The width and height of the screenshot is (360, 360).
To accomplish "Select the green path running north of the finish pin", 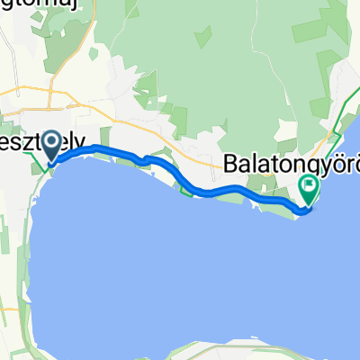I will point(337,117).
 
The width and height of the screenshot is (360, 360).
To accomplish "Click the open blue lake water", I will point(180,261).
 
